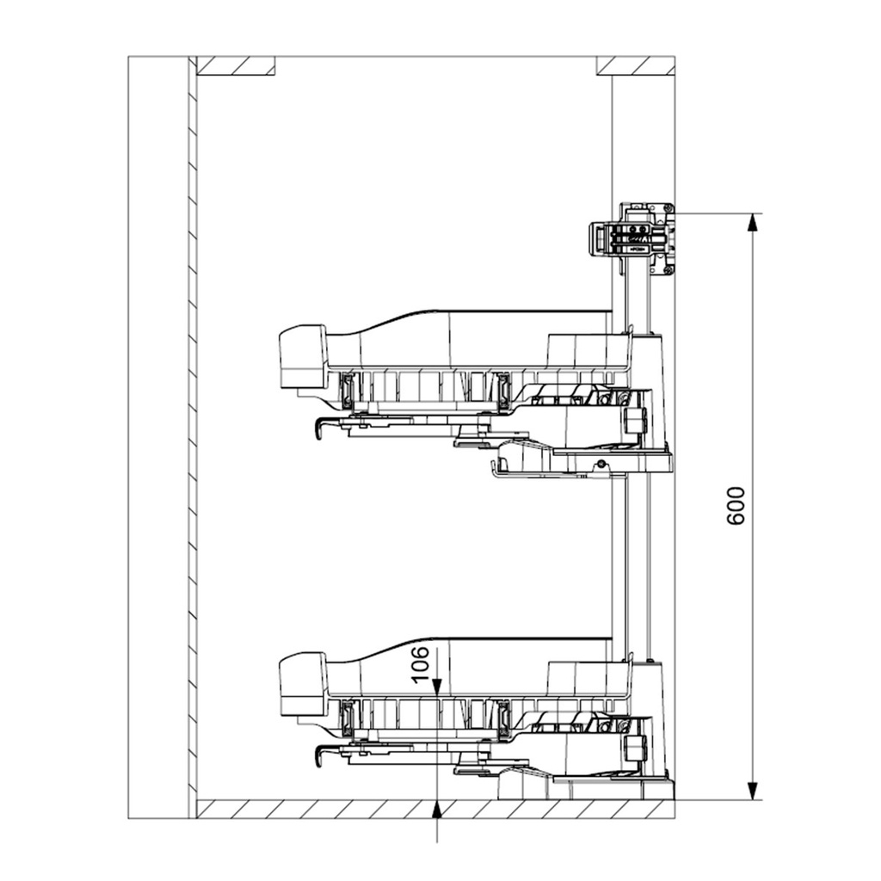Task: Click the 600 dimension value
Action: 736,506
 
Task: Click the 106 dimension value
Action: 420,665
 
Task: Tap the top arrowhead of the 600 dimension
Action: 753,223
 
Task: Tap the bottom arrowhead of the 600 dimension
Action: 753,791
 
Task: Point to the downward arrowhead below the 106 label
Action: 437,687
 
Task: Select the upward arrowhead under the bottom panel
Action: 437,810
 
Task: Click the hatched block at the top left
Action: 236,65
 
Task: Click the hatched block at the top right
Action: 636,65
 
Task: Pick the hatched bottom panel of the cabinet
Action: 435,809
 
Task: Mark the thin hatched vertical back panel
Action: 192,437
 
